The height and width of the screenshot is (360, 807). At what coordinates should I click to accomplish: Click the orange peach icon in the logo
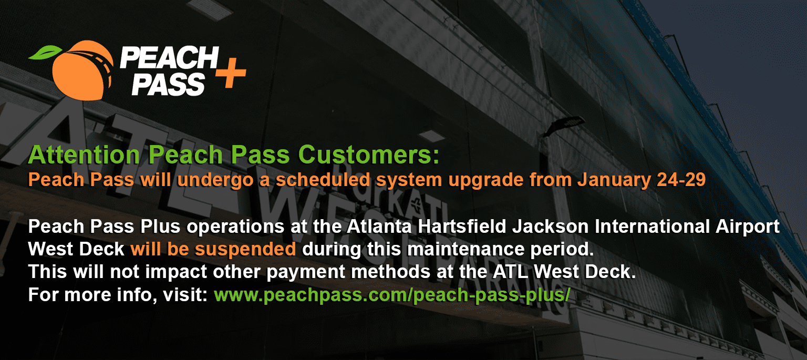tap(82, 70)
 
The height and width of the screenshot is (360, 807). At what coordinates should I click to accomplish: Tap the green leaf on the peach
tap(45, 53)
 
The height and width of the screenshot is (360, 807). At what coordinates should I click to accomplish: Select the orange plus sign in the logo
tap(231, 73)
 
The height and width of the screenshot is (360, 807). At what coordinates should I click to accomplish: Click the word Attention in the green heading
tap(84, 155)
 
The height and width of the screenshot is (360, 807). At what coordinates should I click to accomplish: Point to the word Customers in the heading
tap(368, 155)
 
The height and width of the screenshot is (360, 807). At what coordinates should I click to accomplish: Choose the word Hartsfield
tap(462, 227)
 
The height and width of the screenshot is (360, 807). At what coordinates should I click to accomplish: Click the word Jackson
tap(551, 227)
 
